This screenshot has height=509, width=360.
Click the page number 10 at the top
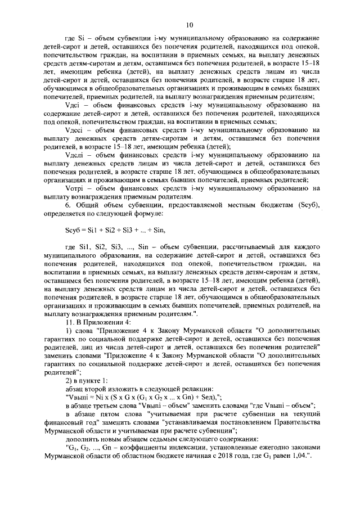(x=190, y=24)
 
